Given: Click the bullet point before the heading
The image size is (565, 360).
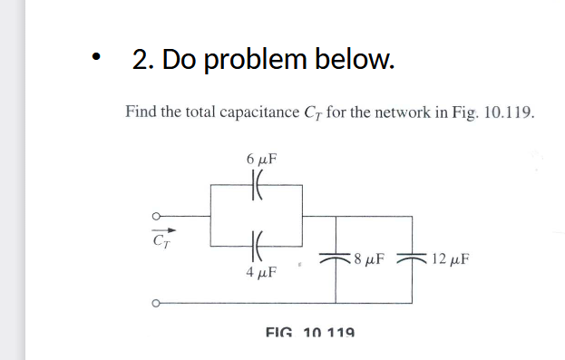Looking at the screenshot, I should [93, 62].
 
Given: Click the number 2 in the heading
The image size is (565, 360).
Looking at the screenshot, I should [141, 60].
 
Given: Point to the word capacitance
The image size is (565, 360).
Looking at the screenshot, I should [256, 113].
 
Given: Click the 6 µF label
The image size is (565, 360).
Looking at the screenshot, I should [260, 158].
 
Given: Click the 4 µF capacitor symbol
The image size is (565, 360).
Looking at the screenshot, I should [256, 244].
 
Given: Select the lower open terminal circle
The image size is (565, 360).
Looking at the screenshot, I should [155, 304].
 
